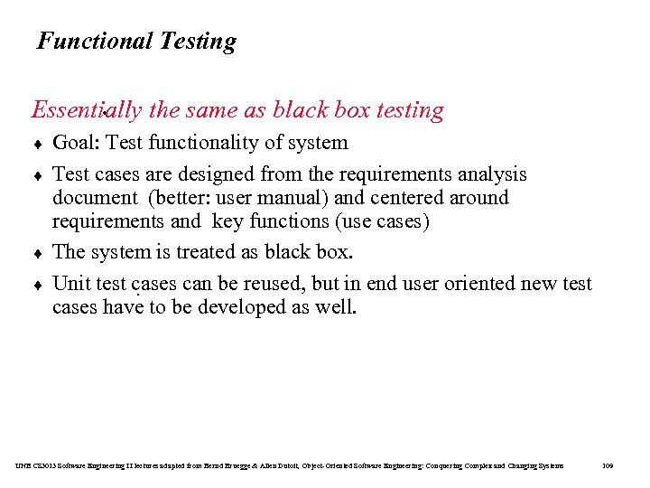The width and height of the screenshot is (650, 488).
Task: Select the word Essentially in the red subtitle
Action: click(x=87, y=110)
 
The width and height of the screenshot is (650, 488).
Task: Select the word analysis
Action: click(x=494, y=174)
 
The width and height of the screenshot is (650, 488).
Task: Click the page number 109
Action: click(x=607, y=465)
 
